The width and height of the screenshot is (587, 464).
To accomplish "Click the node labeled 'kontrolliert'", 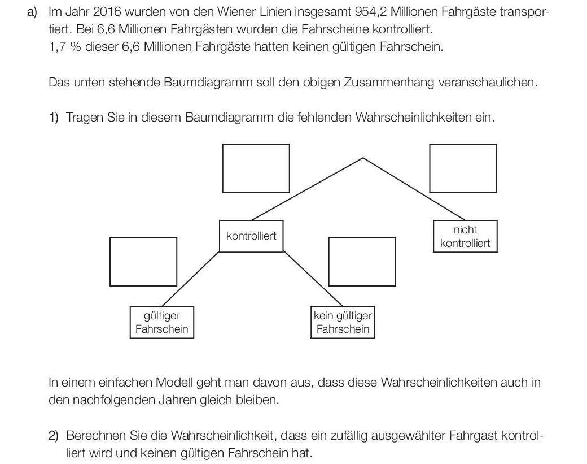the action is tap(251, 236).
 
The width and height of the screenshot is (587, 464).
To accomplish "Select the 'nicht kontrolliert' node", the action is tap(465, 236).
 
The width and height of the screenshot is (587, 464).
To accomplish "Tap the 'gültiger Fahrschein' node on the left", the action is tap(162, 322).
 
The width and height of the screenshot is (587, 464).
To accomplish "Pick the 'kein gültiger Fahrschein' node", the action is tap(343, 322).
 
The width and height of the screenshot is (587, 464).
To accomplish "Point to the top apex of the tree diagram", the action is tap(363, 158).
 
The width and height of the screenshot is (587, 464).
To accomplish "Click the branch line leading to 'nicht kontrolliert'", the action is tap(414, 189).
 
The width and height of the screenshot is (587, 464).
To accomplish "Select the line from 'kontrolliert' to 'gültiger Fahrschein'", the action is tap(191, 279).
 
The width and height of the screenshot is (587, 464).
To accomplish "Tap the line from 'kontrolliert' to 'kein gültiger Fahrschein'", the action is tap(313, 279).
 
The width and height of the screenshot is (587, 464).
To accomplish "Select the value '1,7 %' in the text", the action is tap(65, 47).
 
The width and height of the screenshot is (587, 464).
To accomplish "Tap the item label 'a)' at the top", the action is tap(33, 12).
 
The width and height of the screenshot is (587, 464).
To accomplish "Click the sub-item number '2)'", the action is tap(54, 436).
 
